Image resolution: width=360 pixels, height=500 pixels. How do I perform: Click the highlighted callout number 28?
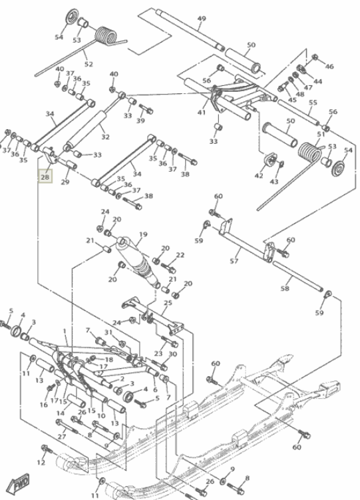coord(45,178)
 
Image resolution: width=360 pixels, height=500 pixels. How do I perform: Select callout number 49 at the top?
coord(202,19)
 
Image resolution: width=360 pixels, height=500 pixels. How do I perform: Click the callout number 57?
coord(234,261)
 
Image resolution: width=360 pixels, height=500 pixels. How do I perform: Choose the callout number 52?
coord(88,64)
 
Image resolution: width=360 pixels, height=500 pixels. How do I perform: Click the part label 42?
coord(259,176)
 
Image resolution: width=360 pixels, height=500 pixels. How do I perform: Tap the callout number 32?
coord(104,137)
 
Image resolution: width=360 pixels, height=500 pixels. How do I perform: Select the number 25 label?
coord(167,303)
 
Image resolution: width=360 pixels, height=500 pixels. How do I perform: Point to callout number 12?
coord(41,462)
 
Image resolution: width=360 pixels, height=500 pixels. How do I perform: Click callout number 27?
coord(61,437)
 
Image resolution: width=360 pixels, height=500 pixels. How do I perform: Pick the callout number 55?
coord(313,103)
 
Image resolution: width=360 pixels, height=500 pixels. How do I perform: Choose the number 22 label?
coord(180,256)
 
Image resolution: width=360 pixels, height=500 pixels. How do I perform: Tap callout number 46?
coord(329,67)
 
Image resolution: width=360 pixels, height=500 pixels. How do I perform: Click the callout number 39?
coord(140,121)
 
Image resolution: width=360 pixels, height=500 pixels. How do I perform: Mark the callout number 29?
coord(65,182)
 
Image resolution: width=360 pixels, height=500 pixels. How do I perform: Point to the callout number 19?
coord(142,234)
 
